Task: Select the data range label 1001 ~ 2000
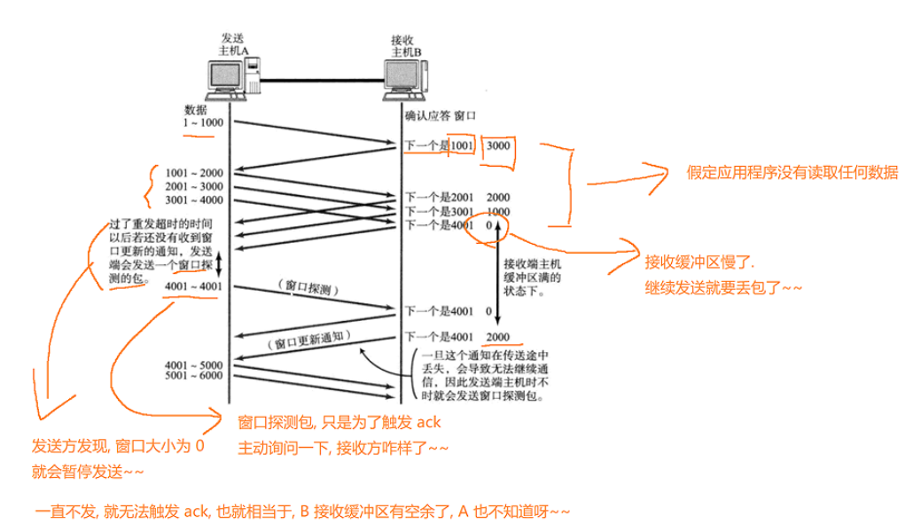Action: tap(193, 173)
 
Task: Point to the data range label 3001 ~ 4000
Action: tap(193, 200)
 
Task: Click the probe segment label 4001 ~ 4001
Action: tap(193, 286)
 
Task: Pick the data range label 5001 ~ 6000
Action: tap(193, 376)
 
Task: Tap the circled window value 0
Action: tap(488, 225)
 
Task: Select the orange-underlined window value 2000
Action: tap(498, 337)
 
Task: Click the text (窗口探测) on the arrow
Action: tap(308, 287)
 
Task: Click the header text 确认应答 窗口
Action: tap(441, 116)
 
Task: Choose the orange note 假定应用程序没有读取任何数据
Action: tap(792, 173)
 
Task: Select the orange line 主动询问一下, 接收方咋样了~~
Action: tap(344, 448)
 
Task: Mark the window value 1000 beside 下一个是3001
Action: tap(498, 211)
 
